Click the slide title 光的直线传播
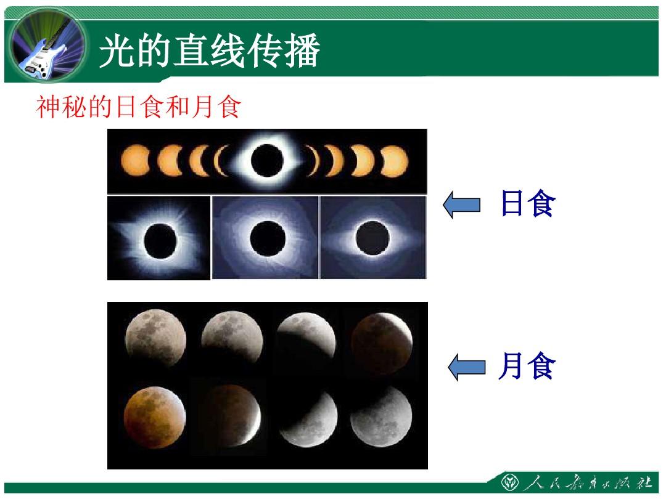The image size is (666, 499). (x=210, y=51)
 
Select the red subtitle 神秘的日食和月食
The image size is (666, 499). (x=139, y=107)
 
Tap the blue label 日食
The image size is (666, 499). (x=528, y=203)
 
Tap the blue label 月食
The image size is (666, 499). (x=527, y=365)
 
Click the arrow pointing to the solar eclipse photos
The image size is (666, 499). (x=462, y=205)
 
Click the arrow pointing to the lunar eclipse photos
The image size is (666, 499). (x=467, y=367)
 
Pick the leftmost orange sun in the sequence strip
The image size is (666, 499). (x=135, y=160)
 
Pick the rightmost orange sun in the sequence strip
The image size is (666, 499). (x=394, y=161)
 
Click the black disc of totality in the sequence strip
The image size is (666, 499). (x=267, y=160)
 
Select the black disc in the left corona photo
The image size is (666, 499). (x=160, y=241)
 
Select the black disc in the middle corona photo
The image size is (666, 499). (x=268, y=238)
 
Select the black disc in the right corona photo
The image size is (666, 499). (x=372, y=238)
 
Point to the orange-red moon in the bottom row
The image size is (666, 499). (x=155, y=417)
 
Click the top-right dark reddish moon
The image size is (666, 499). (x=382, y=343)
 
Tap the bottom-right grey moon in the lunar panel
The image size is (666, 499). (x=381, y=416)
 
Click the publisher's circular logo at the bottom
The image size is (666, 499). (x=510, y=483)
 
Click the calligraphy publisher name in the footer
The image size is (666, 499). (x=588, y=483)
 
